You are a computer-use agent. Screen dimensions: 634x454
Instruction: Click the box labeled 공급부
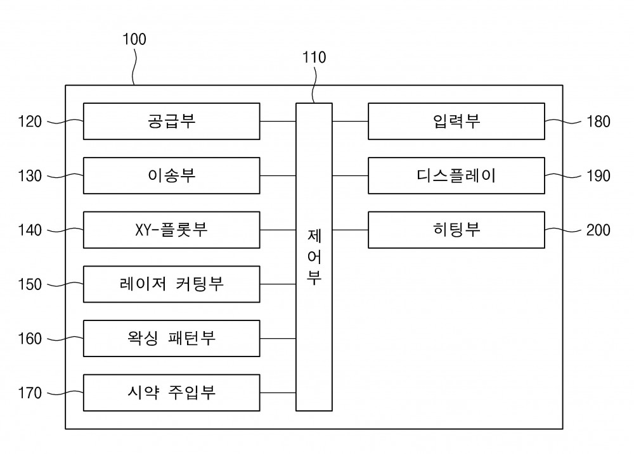click(171, 121)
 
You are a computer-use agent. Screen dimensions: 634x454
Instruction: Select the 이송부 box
click(171, 175)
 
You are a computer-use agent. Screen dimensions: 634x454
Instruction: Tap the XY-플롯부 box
click(171, 230)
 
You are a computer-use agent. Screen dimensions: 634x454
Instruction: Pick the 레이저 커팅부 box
click(171, 284)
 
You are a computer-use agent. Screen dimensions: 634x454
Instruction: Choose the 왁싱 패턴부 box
click(171, 339)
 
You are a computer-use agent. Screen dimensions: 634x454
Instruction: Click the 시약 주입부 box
click(171, 393)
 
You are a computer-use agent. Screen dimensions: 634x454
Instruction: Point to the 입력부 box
click(456, 121)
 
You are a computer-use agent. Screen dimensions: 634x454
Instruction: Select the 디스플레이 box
click(456, 175)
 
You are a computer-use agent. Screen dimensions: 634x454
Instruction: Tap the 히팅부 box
click(456, 230)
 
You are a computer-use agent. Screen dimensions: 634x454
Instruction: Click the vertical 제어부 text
click(314, 257)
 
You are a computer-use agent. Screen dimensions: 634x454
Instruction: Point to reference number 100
click(134, 39)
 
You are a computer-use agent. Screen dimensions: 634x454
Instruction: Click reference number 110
click(314, 58)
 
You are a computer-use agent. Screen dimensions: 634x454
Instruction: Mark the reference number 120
click(30, 121)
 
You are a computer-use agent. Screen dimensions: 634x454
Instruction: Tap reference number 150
click(30, 284)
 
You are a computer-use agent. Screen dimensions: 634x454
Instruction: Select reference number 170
click(30, 393)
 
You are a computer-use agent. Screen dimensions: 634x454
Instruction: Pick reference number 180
click(598, 121)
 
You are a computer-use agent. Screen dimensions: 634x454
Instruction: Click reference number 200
click(598, 230)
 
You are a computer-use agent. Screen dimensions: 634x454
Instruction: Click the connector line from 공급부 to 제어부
click(278, 121)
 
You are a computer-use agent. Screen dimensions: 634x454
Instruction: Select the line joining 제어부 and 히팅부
click(350, 230)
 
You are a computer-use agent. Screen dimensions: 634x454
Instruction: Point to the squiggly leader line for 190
click(563, 175)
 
